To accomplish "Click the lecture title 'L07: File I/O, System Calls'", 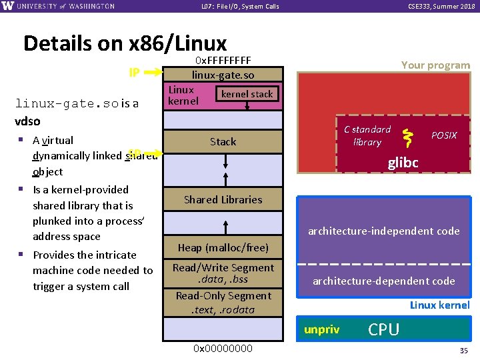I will (240, 7).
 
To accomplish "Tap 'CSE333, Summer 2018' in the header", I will (441, 7).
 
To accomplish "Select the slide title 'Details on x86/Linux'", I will (125, 43).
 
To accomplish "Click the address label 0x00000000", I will (223, 348).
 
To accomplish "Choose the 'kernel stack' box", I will (247, 94).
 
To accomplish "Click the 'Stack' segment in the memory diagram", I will (223, 141).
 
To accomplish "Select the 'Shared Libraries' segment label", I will (223, 199).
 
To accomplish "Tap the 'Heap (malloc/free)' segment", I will (223, 247).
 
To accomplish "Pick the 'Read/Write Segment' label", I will (223, 267).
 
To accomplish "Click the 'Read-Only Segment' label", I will (223, 295).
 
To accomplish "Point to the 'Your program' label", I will (435, 65).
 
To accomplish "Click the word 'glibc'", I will (403, 163).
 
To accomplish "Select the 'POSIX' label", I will (444, 135).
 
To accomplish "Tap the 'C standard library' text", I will (367, 135).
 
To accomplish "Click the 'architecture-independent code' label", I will (383, 231).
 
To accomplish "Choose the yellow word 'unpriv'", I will (321, 329).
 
